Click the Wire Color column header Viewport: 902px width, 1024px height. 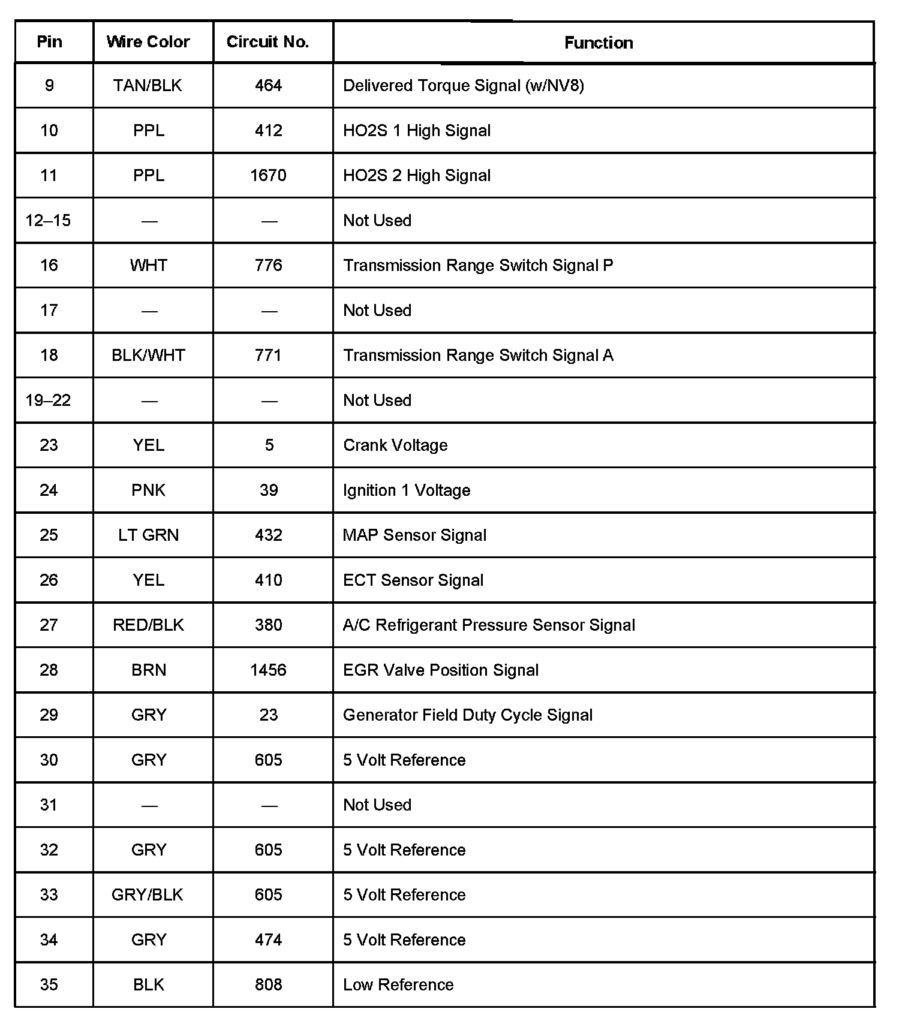(x=148, y=42)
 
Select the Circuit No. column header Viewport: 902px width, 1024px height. (x=267, y=42)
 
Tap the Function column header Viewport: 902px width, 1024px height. (x=599, y=43)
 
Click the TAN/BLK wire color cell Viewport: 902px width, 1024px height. (x=148, y=86)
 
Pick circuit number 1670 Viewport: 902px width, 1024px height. (x=268, y=176)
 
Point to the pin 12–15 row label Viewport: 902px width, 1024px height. (x=49, y=221)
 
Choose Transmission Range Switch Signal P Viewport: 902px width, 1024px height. (x=478, y=266)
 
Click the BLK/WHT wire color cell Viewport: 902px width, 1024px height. (x=148, y=356)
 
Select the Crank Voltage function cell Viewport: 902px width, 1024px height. (x=395, y=445)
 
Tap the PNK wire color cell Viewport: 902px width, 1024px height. (x=148, y=490)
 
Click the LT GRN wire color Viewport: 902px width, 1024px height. (x=148, y=535)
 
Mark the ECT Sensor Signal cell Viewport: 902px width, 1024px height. (x=413, y=580)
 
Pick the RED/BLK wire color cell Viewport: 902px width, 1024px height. (x=148, y=625)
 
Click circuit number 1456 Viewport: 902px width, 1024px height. (x=268, y=670)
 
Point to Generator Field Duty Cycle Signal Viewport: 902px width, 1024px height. (x=468, y=715)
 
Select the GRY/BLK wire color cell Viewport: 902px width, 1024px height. (x=148, y=895)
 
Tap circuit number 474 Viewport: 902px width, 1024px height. (x=268, y=940)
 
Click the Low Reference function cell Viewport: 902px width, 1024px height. (x=398, y=985)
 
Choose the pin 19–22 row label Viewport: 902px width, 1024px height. (x=49, y=400)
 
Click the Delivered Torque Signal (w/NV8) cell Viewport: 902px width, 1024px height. (x=464, y=86)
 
